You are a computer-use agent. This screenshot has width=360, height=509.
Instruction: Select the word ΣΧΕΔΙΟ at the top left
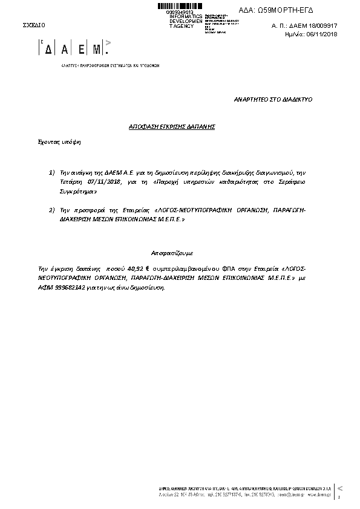coord(33,25)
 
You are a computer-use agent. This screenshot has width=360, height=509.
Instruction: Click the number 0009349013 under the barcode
coord(179,11)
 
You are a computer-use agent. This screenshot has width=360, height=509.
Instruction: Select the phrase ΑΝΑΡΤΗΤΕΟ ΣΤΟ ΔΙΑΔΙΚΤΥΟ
coord(273,99)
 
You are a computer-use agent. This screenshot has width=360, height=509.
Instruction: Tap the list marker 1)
coord(52,173)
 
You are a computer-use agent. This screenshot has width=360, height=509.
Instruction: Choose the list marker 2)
coord(52,210)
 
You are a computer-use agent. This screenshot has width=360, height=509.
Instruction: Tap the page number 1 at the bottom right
coord(339,498)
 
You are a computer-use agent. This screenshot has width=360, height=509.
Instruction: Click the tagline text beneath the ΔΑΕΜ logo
coord(110,65)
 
